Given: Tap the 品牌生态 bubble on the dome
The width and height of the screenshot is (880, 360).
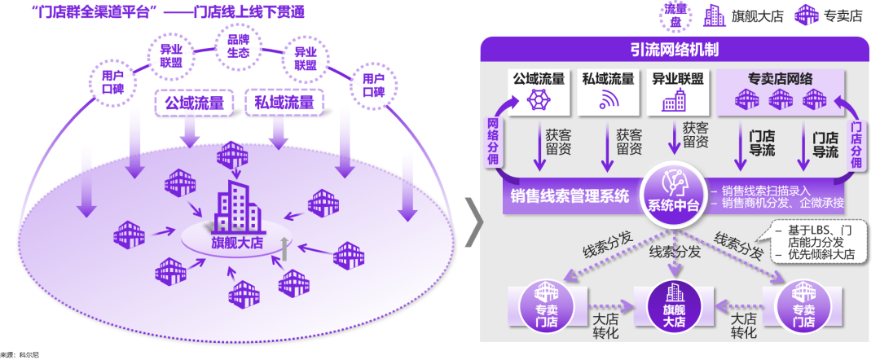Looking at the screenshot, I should coord(238,46).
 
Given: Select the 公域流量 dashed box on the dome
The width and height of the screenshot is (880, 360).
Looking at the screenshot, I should coord(194,103).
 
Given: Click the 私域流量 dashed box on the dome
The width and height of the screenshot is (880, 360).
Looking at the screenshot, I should coord(284,103).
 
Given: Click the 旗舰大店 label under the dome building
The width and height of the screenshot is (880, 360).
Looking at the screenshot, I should coord(239,244).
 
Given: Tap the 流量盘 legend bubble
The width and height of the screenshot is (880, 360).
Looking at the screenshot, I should coord(675,15).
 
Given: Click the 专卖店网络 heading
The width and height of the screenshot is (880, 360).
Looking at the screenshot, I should coord(780,79).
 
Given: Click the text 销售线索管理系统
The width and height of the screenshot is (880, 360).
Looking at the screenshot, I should coord(570,196).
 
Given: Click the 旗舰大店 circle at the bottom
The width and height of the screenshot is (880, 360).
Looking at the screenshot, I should coord(674,306).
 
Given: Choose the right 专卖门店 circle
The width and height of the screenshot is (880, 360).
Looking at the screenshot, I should coord(803,307).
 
